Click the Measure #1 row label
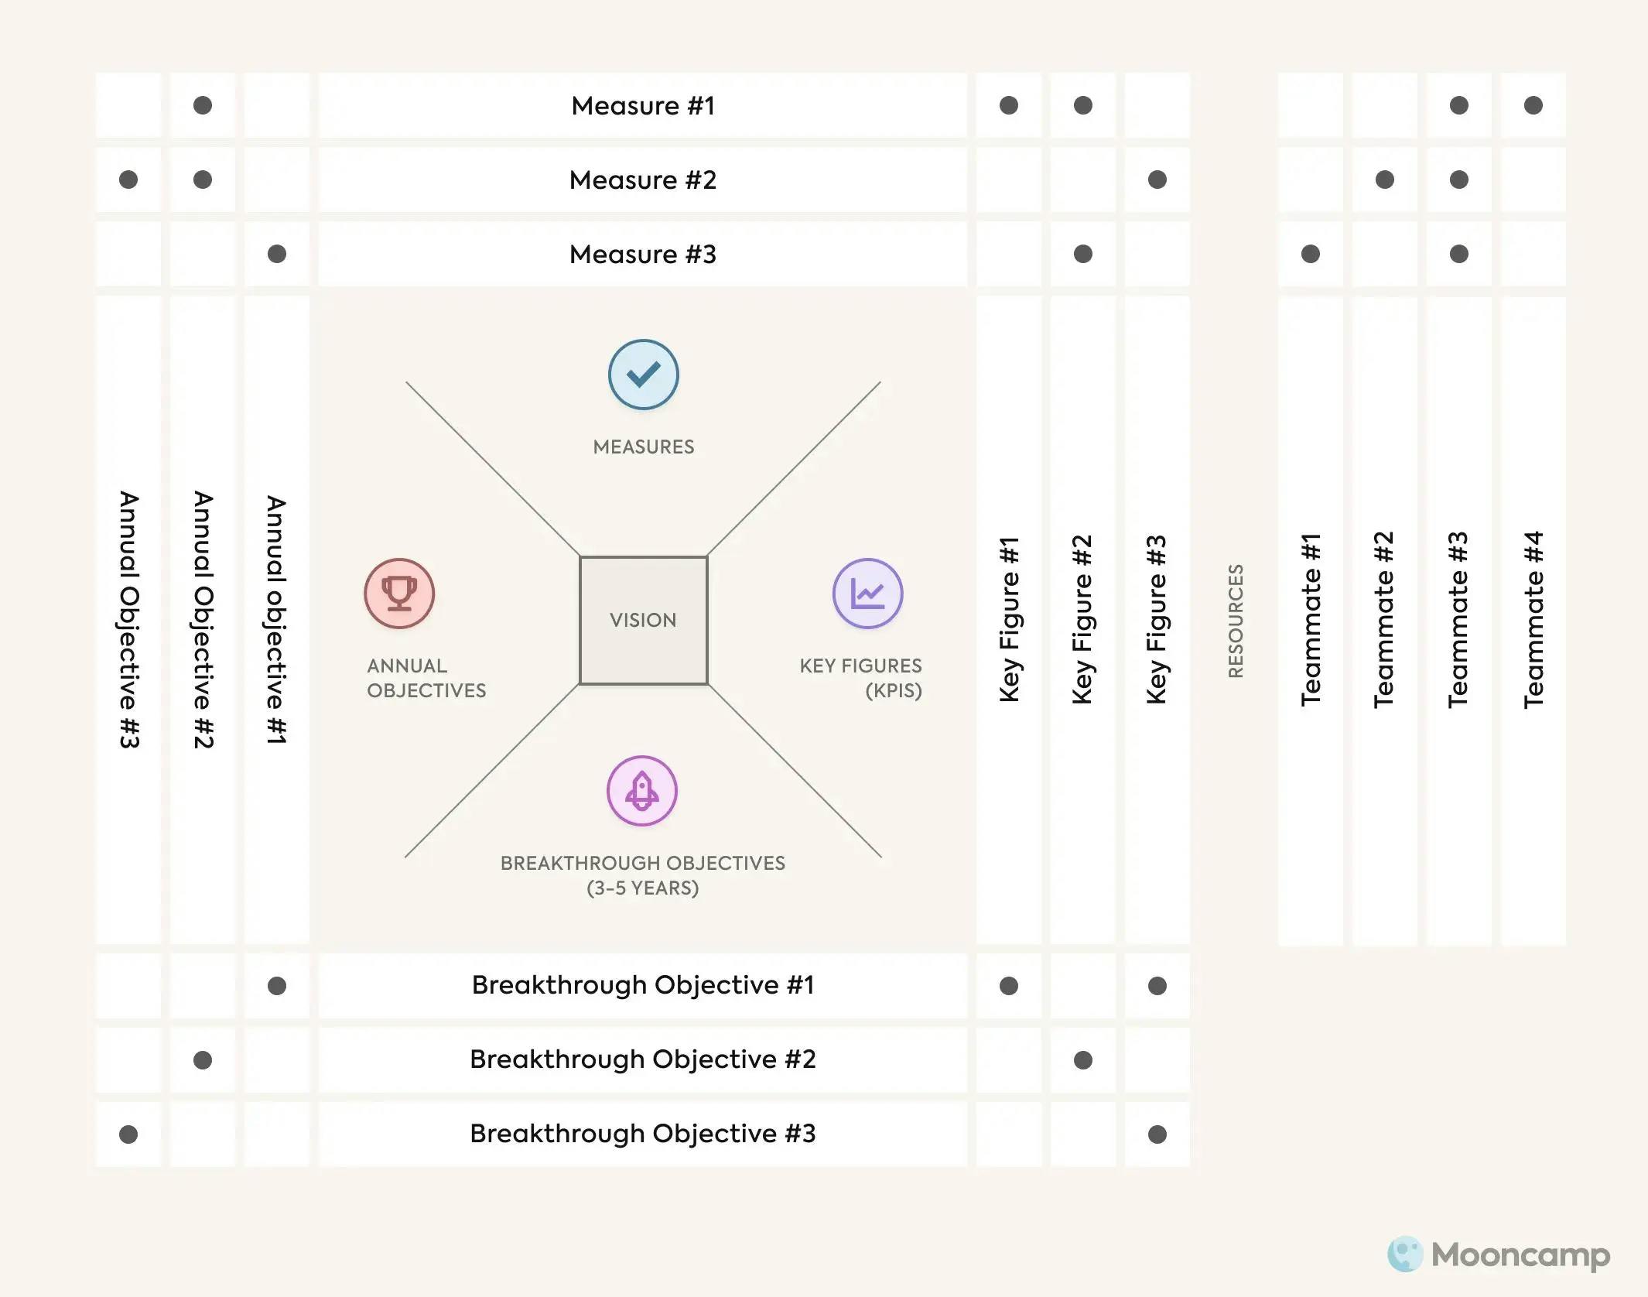tap(643, 105)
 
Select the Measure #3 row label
tap(643, 254)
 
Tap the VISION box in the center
tap(643, 620)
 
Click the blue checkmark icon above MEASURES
tap(643, 375)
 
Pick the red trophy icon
tap(399, 594)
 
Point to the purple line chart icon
tap(867, 594)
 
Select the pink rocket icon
tap(642, 791)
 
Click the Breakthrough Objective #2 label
tap(643, 1059)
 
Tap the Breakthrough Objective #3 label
tap(643, 1133)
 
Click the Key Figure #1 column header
tap(1009, 620)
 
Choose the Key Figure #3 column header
tap(1157, 620)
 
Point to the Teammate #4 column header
tap(1533, 620)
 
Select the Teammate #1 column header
tap(1311, 620)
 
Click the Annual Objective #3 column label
tap(128, 620)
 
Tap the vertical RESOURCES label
tap(1236, 621)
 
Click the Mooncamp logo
tap(1499, 1254)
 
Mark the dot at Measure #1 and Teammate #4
tap(1533, 105)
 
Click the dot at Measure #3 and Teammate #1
tap(1311, 254)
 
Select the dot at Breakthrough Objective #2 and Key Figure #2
tap(1083, 1060)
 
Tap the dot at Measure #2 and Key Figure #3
tap(1157, 180)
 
